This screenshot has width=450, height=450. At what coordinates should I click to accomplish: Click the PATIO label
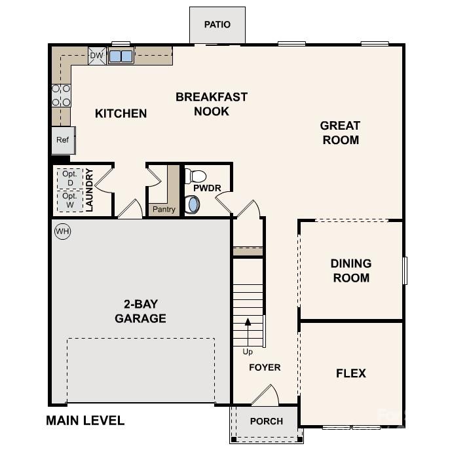pos(217,25)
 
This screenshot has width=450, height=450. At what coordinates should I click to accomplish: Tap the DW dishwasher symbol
pos(96,56)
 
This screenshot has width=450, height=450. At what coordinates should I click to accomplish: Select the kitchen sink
pos(121,56)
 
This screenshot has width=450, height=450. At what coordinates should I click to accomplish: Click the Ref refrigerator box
pos(63,140)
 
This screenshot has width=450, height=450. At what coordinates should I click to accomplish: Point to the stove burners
pos(61,95)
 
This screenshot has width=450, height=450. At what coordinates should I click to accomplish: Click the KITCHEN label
pos(121,113)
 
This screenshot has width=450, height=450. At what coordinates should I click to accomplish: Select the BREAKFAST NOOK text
pos(212,104)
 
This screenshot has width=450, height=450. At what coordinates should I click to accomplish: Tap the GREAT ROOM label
pos(340,132)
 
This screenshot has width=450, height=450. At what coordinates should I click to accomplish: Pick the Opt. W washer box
pos(70,200)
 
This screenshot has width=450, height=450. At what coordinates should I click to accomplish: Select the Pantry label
pos(164,210)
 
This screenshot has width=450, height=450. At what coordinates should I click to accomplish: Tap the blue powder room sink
pos(193,204)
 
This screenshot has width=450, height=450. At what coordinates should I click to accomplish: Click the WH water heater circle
pos(62,231)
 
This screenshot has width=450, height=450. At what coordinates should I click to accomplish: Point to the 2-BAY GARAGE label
pos(140,311)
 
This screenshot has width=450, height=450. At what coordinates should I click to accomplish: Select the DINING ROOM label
pos(350,271)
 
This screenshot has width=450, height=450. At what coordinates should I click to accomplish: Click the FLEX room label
pos(350,373)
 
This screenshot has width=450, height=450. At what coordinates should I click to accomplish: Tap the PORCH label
pos(267,421)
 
